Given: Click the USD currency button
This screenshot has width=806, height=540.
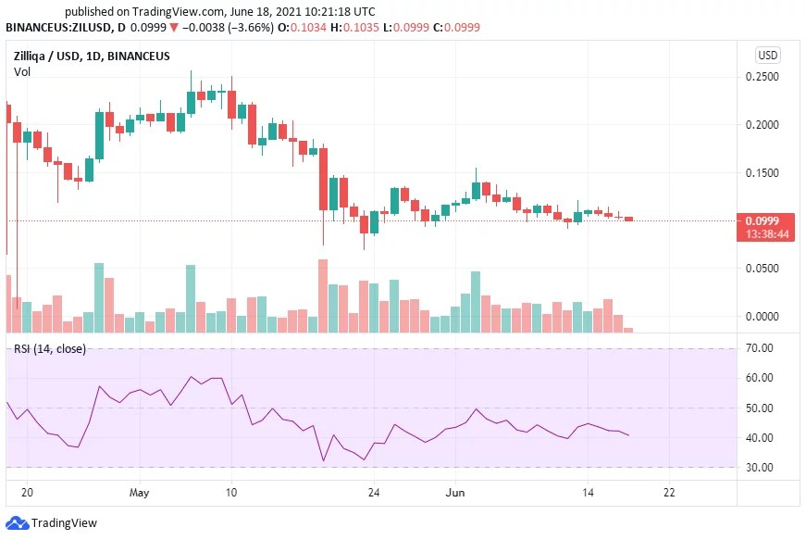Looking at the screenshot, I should pos(768,55).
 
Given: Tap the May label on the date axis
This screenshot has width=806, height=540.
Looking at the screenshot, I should pos(139,492).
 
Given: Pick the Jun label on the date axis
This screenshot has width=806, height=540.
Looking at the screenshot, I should pos(456,492).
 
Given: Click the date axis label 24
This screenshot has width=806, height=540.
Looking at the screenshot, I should pos(373,492).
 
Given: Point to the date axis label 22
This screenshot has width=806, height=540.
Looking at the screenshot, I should pos(669,492).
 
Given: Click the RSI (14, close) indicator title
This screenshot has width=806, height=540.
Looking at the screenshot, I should pos(50,348).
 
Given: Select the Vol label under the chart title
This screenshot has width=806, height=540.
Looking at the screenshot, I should pos(21,71).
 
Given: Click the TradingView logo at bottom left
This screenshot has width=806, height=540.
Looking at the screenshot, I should pos(52,523).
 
